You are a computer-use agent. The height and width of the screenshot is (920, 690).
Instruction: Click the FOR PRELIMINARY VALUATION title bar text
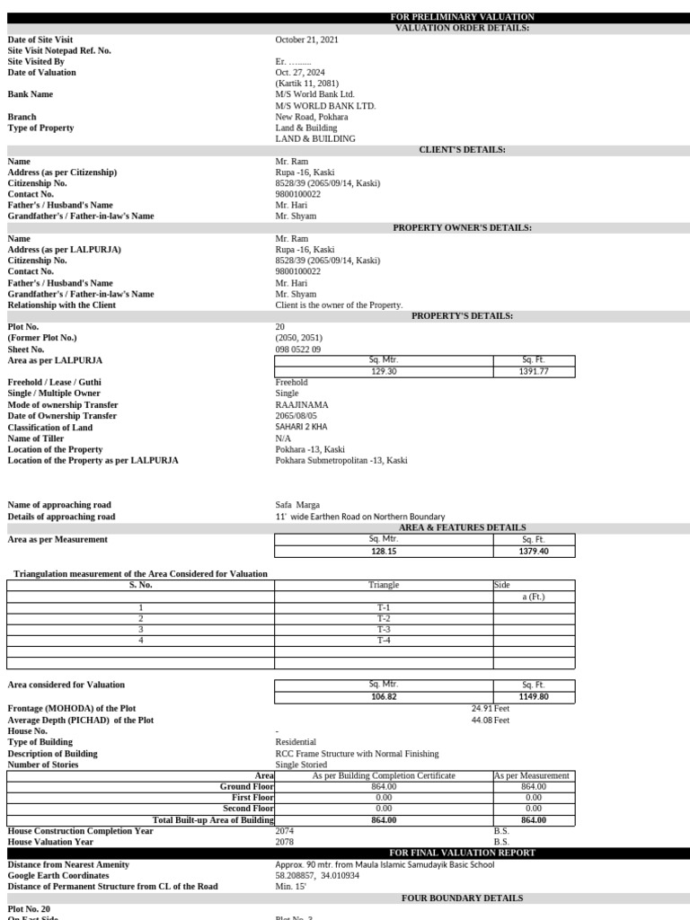462,17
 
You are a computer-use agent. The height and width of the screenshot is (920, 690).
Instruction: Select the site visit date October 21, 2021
306,40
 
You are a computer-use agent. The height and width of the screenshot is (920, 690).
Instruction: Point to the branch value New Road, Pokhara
312,117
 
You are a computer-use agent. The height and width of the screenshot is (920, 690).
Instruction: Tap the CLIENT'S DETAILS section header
462,150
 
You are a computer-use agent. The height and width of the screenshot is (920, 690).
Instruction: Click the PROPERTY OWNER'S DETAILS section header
462,228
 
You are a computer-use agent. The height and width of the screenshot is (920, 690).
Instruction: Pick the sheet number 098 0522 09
297,349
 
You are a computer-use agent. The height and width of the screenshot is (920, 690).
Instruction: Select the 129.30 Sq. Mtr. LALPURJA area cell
384,371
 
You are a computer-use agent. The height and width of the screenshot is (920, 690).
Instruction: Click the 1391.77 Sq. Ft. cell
534,371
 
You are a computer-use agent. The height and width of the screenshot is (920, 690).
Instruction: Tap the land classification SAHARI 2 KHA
303,428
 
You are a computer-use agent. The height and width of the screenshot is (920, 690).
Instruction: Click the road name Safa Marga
297,505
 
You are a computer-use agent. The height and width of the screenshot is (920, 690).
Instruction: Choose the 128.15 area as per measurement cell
384,551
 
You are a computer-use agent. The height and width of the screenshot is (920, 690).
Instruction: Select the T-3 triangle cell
384,630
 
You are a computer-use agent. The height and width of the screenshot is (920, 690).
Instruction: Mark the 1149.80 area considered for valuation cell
534,696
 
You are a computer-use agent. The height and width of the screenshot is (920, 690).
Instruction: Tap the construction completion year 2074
285,831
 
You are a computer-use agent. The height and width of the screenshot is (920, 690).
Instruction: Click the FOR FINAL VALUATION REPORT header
462,853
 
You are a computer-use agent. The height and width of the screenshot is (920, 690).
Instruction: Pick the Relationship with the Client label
61,305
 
